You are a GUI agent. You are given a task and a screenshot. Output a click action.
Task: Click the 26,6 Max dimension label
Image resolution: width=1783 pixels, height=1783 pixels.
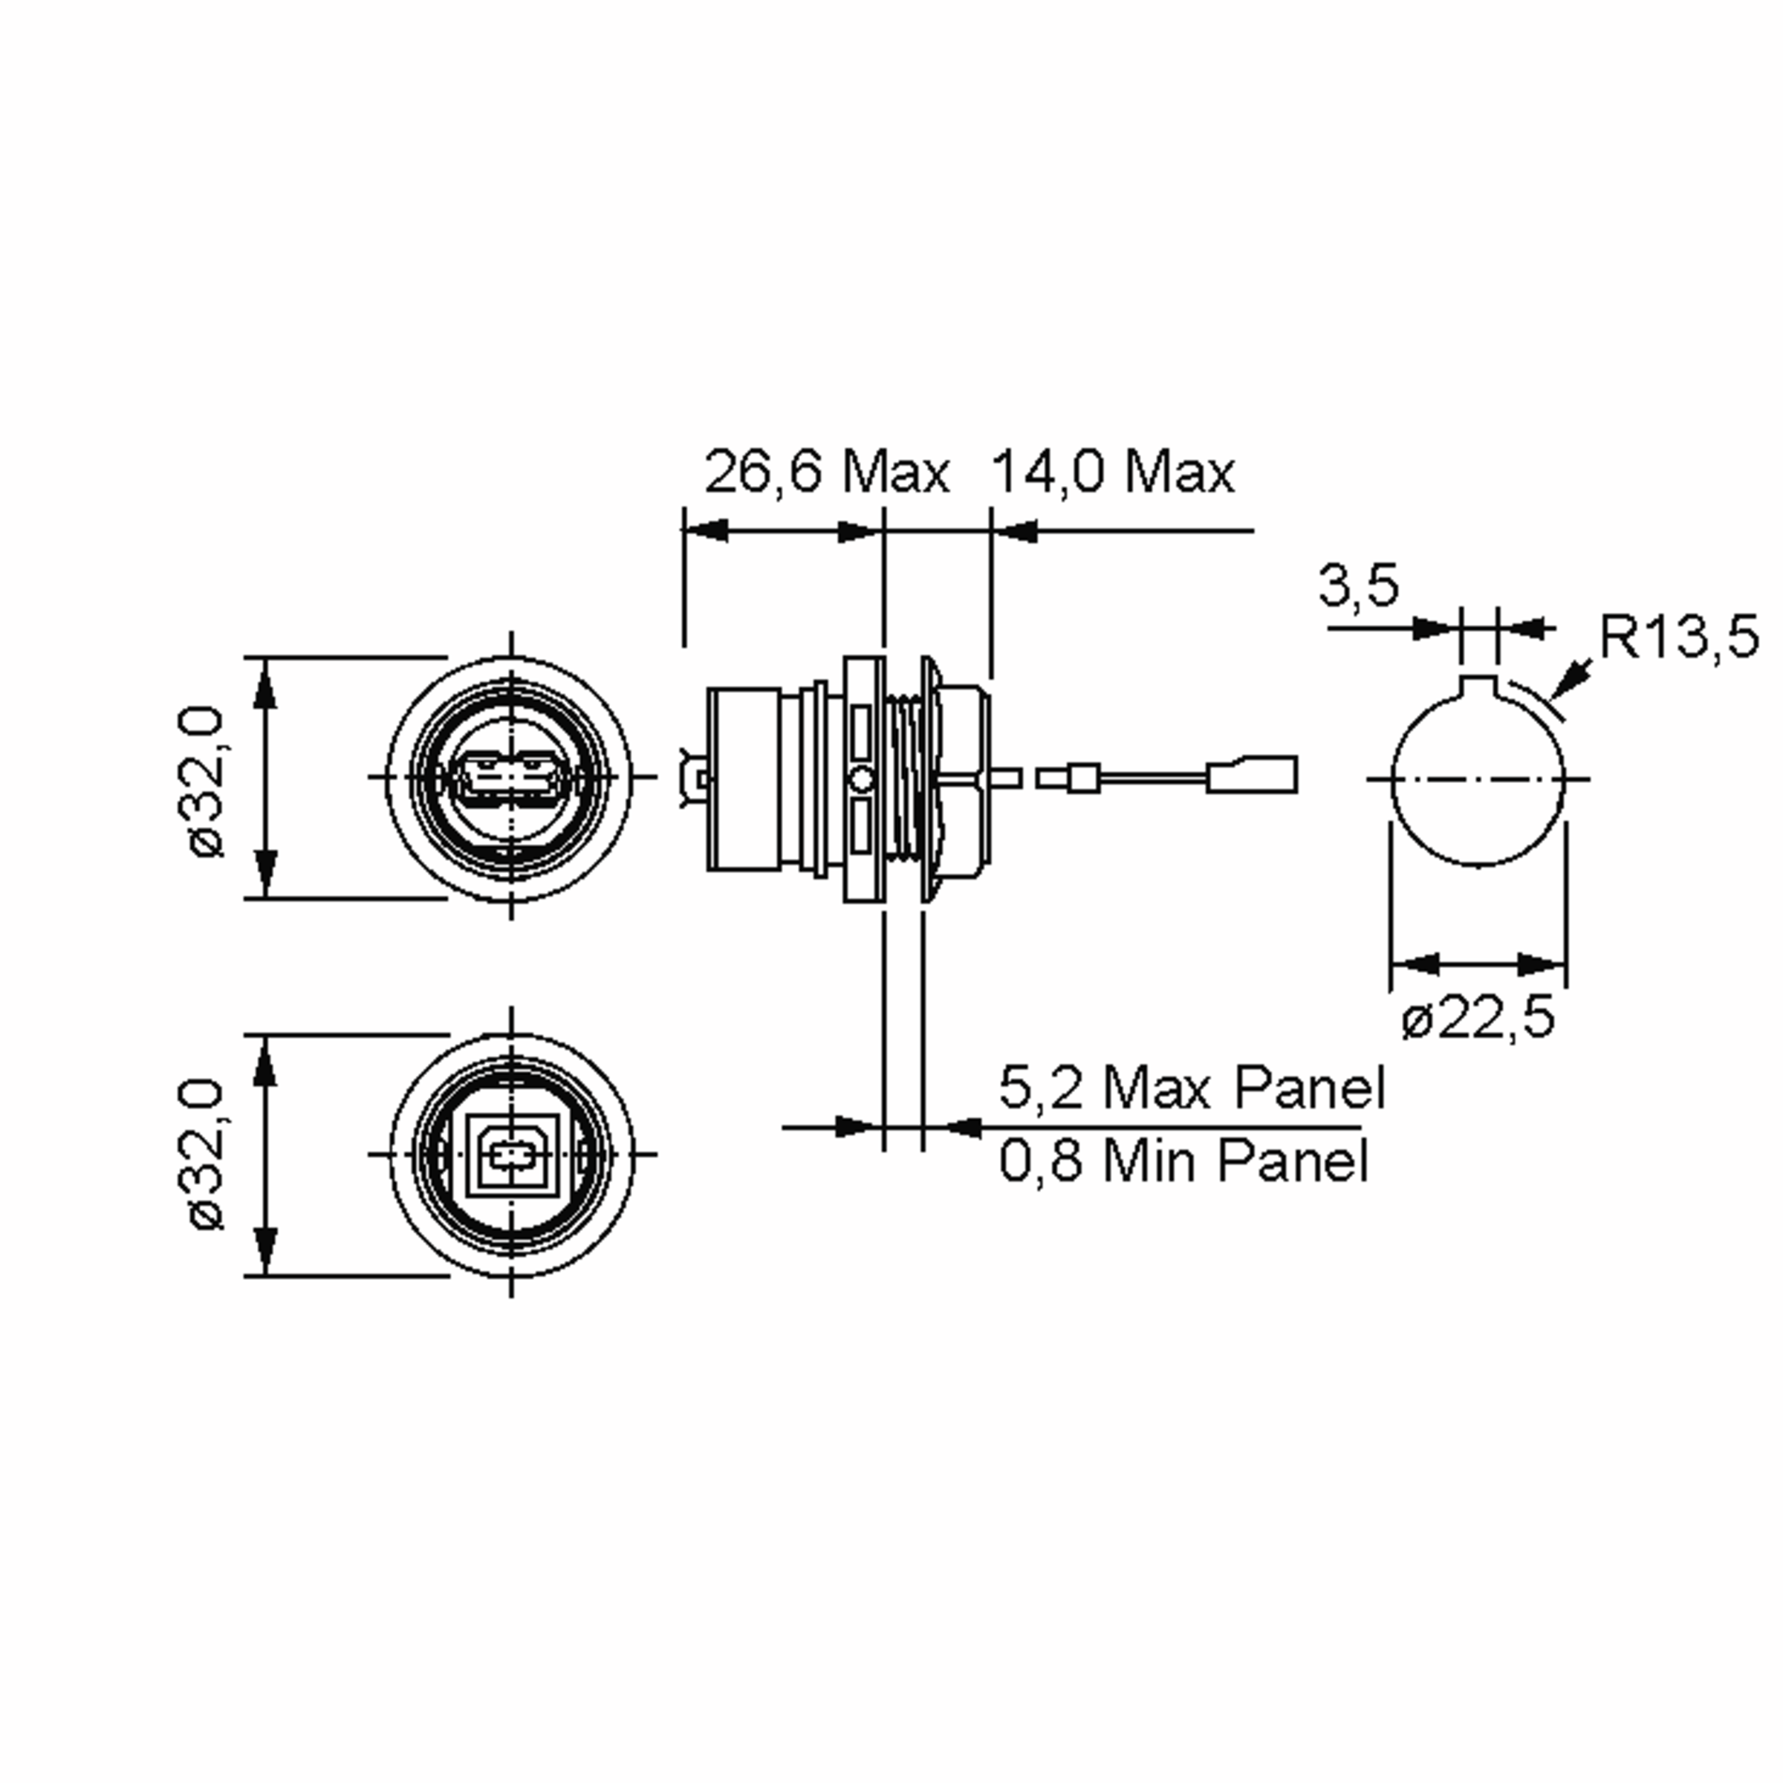tap(826, 472)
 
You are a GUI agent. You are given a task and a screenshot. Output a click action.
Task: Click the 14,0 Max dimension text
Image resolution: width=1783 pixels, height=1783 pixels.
tap(1112, 472)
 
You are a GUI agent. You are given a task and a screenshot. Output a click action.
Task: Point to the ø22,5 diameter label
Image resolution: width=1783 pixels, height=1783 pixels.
tap(1478, 1018)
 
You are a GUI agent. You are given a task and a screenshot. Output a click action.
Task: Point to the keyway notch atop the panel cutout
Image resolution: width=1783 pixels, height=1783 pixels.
tap(1478, 687)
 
